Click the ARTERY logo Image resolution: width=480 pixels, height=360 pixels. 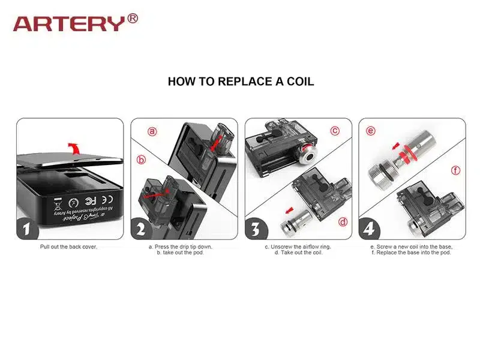(x=70, y=23)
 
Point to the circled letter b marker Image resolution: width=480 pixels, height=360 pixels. (x=142, y=160)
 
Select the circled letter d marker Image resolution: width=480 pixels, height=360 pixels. (x=343, y=221)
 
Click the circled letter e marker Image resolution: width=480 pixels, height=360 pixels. (x=371, y=130)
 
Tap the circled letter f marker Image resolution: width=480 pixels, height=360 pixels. (x=456, y=171)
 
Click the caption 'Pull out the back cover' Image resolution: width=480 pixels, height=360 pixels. (x=68, y=247)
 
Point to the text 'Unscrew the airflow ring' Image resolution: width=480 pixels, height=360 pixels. (x=298, y=247)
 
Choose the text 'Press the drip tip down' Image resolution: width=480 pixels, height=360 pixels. (x=181, y=247)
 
